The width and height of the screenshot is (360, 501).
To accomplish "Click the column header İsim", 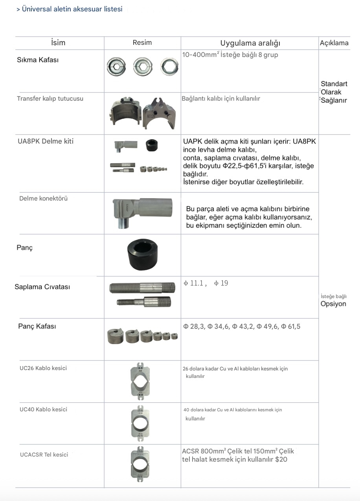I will click(58, 43).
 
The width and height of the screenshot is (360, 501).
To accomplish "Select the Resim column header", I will click(142, 42).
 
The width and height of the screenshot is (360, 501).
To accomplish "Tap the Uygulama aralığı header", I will click(250, 43).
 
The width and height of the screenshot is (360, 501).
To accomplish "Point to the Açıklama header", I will click(334, 43).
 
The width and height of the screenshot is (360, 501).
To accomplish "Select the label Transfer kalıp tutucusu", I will click(50, 99).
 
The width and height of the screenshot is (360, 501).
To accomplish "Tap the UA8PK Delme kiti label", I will click(46, 141).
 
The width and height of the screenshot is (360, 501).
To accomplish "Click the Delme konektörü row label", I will click(43, 199).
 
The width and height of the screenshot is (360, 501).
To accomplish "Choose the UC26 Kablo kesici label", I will click(43, 368).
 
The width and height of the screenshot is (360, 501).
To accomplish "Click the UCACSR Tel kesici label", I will click(44, 455).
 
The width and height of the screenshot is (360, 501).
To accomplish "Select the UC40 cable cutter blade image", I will click(140, 423).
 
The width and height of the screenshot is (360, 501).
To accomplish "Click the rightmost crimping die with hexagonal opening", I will click(169, 66).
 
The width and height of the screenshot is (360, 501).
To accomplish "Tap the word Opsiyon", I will click(333, 304).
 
